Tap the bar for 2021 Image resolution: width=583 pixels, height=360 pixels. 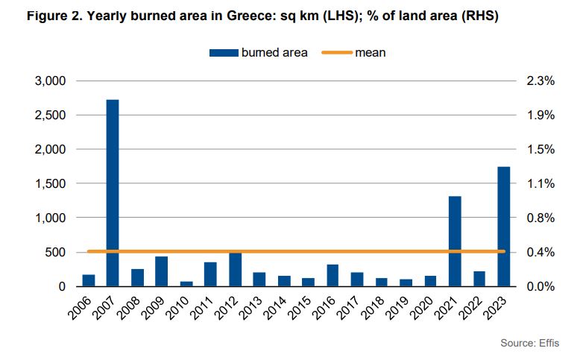click(455, 241)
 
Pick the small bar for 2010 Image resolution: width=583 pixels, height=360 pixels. click(186, 283)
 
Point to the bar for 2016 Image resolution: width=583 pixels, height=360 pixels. click(333, 275)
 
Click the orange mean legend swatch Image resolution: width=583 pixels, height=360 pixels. click(336, 53)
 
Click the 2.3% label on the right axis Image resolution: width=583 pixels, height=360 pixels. click(540, 80)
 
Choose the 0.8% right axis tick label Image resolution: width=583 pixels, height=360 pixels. click(540, 218)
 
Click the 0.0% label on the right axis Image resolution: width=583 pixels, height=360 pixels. click(540, 286)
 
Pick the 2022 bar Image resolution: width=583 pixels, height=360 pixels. click(479, 279)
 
